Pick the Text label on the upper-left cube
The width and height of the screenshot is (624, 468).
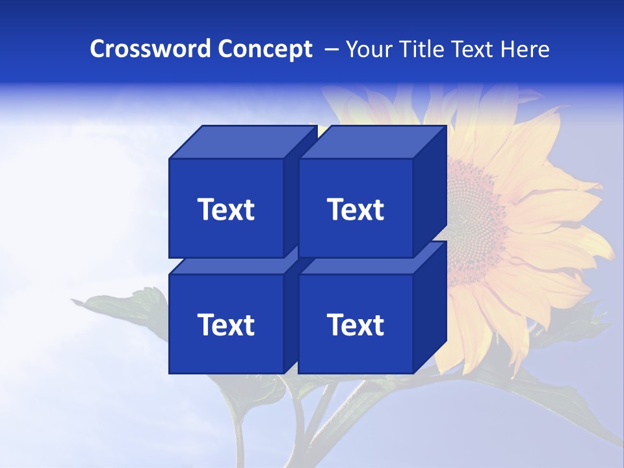coord(226,209)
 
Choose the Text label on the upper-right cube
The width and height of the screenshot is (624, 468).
coord(356,209)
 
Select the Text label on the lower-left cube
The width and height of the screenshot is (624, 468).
coord(226,324)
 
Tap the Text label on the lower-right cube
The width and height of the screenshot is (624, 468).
coord(356,324)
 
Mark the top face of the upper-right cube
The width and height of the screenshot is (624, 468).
coord(372,142)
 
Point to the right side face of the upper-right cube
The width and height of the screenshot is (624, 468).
coord(430,192)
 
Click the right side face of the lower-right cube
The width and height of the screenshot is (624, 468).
coord(430,307)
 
